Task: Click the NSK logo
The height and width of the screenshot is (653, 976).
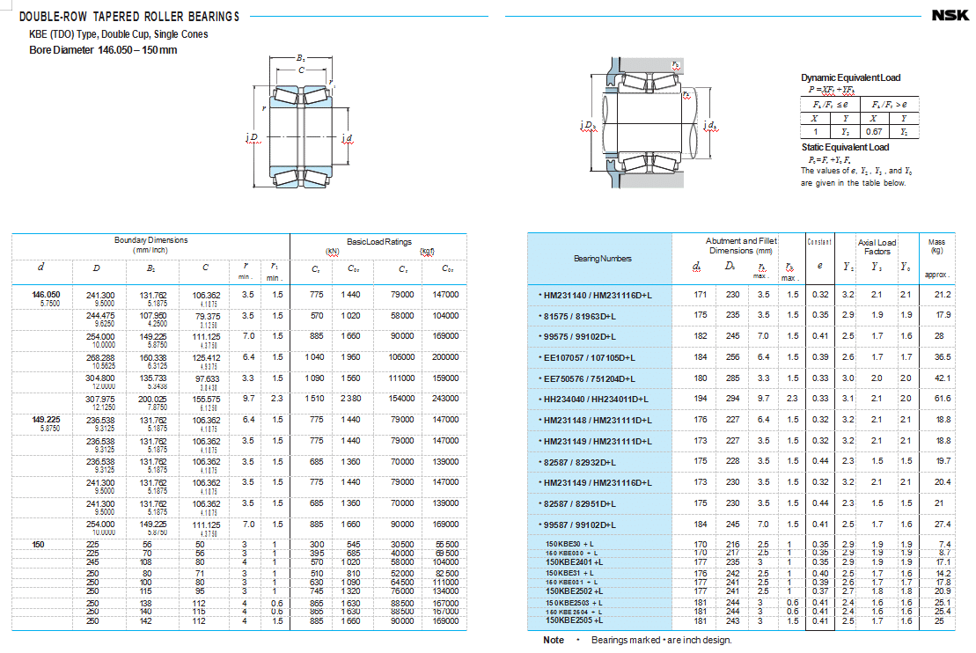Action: point(951,16)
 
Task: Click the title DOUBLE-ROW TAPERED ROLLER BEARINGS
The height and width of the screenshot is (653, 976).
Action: point(128,17)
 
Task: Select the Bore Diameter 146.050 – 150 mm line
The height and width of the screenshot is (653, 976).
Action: point(103,49)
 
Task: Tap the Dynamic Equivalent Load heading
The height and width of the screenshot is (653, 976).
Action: point(850,77)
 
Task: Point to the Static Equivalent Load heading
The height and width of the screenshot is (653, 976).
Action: point(845,147)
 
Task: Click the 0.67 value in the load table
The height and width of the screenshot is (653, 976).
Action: point(874,131)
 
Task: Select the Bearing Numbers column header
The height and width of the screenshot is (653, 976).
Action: point(603,259)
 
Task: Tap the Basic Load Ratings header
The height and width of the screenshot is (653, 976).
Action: point(379,242)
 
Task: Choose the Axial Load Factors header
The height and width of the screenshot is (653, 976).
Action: point(877,246)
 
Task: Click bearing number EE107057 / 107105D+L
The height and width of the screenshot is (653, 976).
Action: point(589,356)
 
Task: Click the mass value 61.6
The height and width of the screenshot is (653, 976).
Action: point(943,399)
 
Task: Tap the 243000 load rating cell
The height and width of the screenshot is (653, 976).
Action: point(445,399)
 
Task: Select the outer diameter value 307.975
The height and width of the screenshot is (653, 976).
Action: point(99,399)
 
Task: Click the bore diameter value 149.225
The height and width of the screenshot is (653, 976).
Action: point(47,420)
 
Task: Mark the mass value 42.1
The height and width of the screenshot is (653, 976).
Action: point(943,378)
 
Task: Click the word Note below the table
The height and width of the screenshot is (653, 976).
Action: point(554,640)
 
